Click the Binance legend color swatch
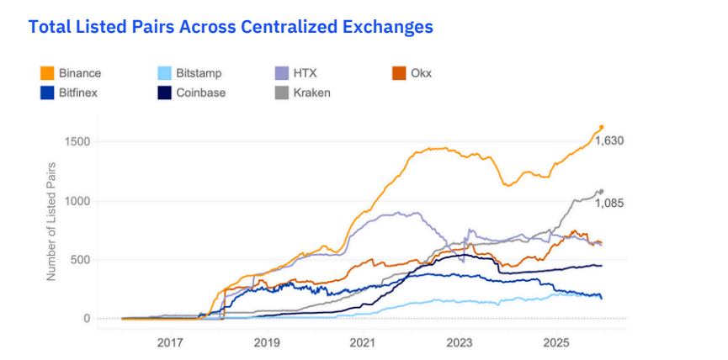pos(46,73)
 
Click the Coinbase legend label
pos(201,92)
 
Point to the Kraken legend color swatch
pos(282,92)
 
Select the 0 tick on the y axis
pos(86,318)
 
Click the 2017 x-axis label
pos(170,342)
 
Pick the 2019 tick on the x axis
pos(267,342)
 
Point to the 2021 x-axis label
pos(363,342)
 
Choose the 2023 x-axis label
pos(460,342)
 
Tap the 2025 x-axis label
pos(556,342)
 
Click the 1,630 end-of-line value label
pos(608,140)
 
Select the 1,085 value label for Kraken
pos(608,203)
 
